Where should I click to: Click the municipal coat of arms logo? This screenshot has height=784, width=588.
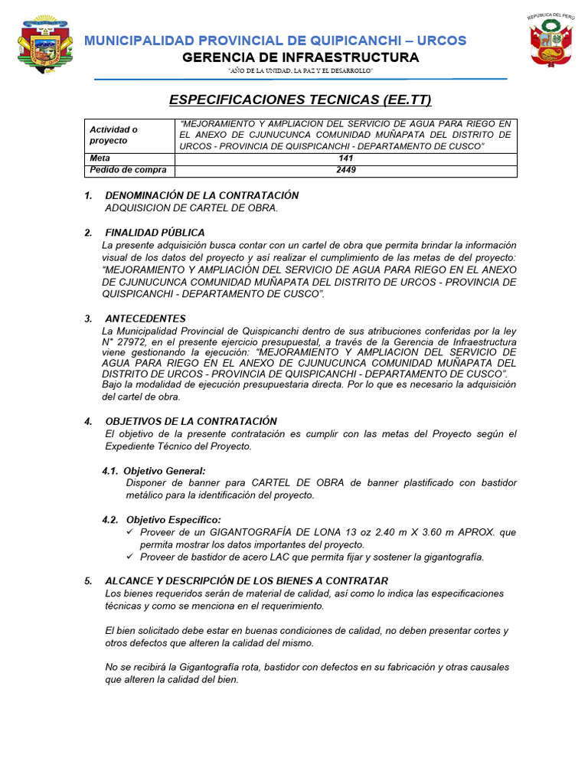[44, 44]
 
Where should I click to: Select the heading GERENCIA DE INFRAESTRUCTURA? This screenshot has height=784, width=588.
[301, 58]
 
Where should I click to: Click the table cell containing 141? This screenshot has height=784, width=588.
[345, 159]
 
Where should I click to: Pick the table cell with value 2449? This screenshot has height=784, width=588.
[345, 171]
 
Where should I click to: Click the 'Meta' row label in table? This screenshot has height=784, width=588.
[100, 159]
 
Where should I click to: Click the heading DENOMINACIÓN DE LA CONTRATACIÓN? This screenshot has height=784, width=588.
[201, 195]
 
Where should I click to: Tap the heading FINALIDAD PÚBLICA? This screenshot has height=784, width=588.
[155, 233]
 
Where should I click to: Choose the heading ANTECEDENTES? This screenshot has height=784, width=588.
[145, 318]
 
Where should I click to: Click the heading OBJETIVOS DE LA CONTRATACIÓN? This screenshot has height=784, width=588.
[191, 421]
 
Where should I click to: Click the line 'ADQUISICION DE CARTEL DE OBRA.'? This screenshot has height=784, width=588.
[191, 207]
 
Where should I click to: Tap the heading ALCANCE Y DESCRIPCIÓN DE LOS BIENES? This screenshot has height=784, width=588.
[247, 580]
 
